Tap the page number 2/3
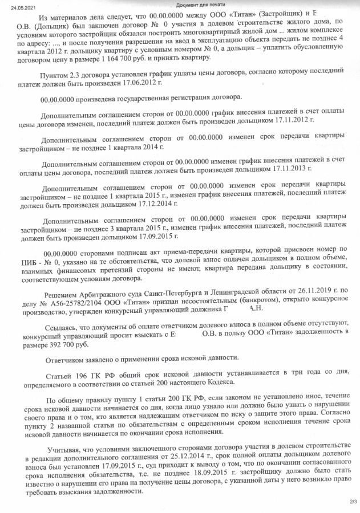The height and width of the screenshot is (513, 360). click(x=350, y=501)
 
